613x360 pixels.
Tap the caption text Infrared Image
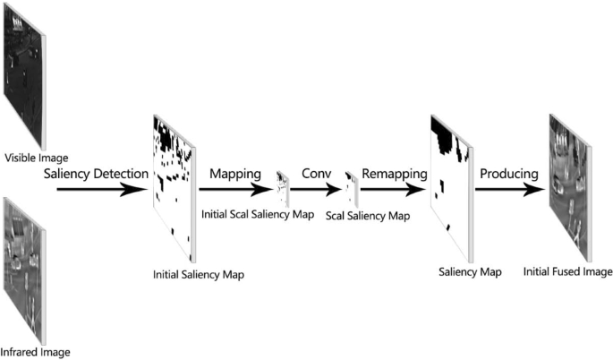tap(36, 352)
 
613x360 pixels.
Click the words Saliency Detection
tap(96, 173)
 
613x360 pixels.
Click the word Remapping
tap(389, 173)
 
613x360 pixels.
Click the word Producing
tap(507, 173)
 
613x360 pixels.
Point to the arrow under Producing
tap(511, 190)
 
